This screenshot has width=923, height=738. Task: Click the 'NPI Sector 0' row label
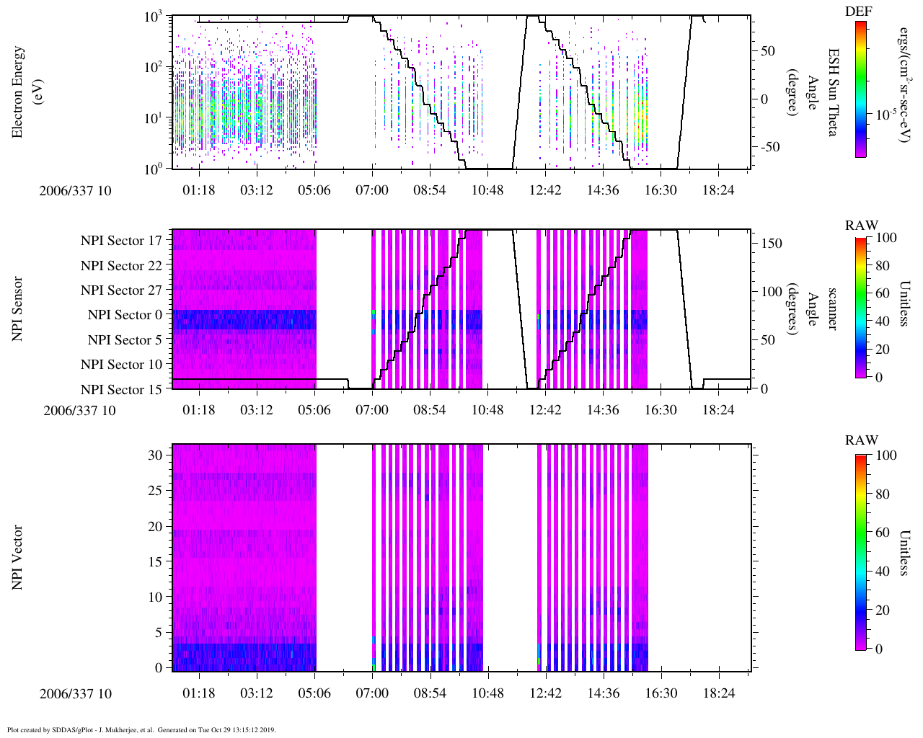(125, 315)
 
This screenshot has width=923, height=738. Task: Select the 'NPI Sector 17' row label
(122, 241)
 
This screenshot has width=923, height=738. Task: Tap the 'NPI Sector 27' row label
(122, 290)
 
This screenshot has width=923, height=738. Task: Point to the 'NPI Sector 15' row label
(122, 390)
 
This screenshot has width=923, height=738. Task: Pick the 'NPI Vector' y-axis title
(18, 558)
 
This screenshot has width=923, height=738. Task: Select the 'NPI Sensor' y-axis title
(18, 309)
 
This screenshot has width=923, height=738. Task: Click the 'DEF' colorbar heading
(858, 11)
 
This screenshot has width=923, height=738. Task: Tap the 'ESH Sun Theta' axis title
(832, 92)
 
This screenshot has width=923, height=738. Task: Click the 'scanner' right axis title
(832, 309)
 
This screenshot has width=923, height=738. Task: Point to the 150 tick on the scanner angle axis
(772, 244)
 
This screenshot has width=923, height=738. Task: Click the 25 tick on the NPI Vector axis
(155, 491)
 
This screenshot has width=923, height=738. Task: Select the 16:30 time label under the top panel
(661, 190)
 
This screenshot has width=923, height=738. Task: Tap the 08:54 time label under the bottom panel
(430, 693)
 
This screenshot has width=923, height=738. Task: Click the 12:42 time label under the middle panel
(545, 410)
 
